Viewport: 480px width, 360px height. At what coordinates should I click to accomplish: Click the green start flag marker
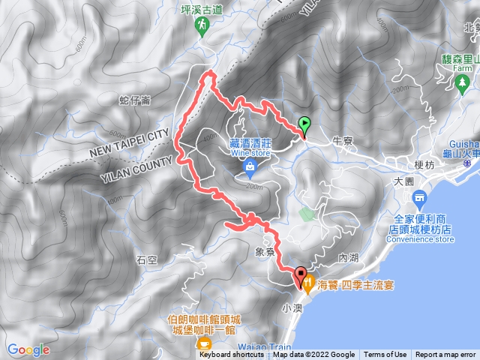point(304,125)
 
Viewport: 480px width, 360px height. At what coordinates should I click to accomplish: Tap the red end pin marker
point(301,277)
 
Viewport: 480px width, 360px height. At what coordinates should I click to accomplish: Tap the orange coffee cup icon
point(202,344)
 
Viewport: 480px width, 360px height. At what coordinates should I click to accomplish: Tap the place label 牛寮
point(342,140)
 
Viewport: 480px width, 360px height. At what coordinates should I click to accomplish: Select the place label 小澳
point(291,307)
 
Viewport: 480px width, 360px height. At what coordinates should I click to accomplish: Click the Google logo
point(28,349)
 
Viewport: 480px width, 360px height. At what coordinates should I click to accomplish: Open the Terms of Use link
point(385,355)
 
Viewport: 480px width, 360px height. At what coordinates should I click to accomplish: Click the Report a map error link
point(447,355)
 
